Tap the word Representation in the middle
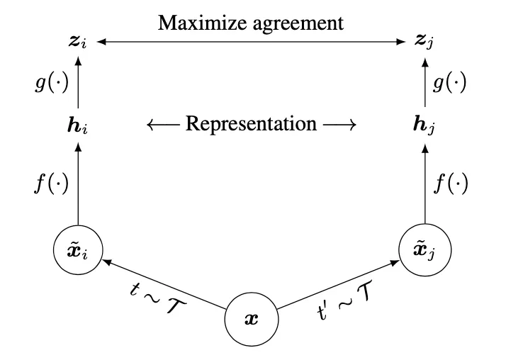pos(251,124)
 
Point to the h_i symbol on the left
pos(76,125)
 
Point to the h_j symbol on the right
pos(424,125)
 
